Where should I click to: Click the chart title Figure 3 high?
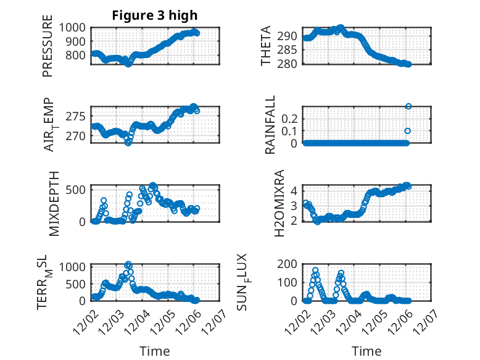(x=155, y=15)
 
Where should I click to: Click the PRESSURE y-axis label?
(x=48, y=49)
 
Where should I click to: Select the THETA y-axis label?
(x=266, y=46)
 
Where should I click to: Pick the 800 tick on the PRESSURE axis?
(x=78, y=55)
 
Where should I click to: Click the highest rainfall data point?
(x=408, y=106)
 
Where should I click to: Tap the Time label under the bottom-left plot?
(x=155, y=351)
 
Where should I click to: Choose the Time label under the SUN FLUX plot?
(x=366, y=351)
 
